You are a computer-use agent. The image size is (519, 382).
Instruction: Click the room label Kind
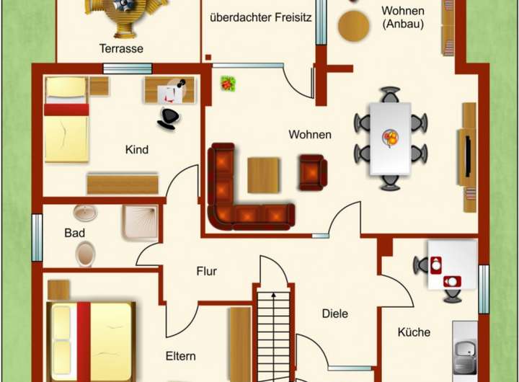coord(137,150)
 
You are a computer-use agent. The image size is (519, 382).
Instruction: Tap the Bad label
coord(74,233)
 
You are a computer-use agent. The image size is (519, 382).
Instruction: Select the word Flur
coord(207,271)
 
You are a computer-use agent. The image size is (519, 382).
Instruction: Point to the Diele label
coord(335,314)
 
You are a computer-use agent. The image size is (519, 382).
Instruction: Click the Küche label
coord(414,332)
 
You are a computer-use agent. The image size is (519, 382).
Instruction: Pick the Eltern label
coord(180,356)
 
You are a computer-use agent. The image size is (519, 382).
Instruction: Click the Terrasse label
coord(122,49)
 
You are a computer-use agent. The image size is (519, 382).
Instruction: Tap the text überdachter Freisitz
coord(261,17)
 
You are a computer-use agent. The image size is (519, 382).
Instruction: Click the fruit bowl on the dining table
coord(390,137)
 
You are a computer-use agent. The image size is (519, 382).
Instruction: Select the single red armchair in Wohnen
coord(313,172)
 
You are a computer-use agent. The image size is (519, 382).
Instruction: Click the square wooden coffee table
coord(263,175)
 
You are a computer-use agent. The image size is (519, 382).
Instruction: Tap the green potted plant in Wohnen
coord(228,83)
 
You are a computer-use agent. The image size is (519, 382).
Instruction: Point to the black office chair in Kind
coord(169,118)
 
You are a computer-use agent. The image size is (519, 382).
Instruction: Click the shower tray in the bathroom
coord(141,222)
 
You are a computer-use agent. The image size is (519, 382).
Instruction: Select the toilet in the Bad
coord(85,254)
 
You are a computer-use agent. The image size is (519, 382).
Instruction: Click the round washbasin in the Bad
coord(85,213)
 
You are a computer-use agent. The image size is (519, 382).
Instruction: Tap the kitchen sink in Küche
coord(465,350)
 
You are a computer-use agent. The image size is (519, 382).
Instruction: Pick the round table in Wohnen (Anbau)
coord(353,26)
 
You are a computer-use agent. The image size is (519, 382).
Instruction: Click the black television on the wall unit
coord(468,156)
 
